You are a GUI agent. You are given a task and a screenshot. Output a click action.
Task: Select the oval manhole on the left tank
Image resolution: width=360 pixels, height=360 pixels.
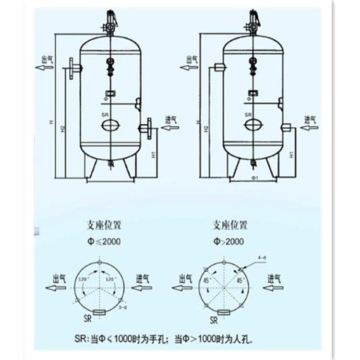(110, 125)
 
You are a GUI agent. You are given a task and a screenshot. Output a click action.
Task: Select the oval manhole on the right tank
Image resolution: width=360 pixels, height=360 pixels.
(253, 125)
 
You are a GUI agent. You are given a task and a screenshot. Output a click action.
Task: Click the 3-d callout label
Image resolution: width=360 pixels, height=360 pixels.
(123, 307)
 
